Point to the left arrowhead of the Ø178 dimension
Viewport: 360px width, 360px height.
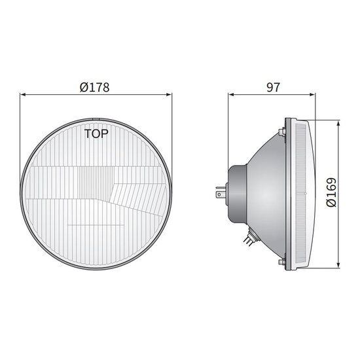pyautogui.click(x=24, y=94)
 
